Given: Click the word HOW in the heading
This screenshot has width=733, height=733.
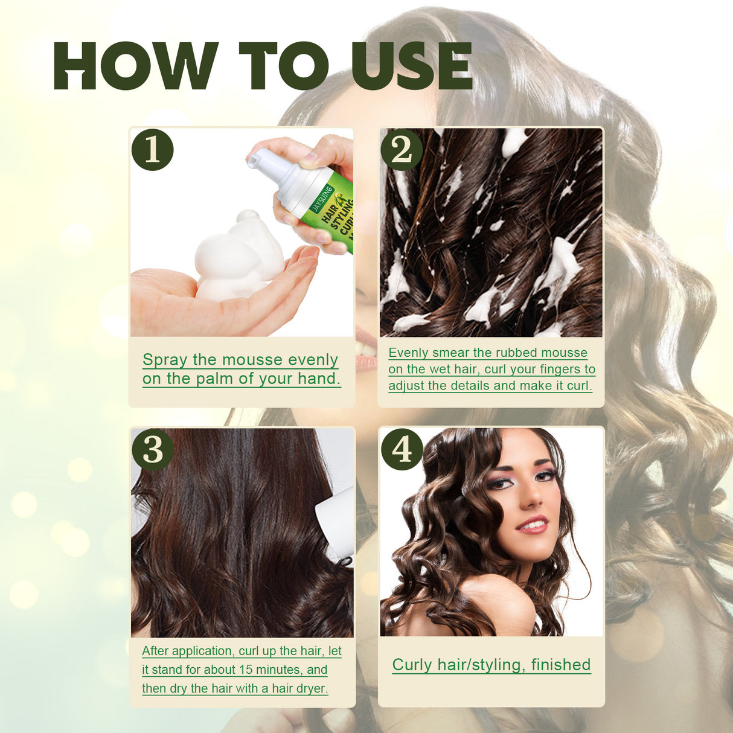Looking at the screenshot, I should pyautogui.click(x=136, y=66).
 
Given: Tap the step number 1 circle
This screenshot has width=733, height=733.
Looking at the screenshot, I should pyautogui.click(x=152, y=149).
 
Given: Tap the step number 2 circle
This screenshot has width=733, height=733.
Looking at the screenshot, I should pyautogui.click(x=402, y=149).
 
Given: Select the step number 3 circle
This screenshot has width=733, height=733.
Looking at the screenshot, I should pyautogui.click(x=152, y=449).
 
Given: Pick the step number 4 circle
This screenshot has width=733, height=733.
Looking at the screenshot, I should pyautogui.click(x=402, y=449).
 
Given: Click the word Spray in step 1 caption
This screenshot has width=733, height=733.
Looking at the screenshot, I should pyautogui.click(x=165, y=360).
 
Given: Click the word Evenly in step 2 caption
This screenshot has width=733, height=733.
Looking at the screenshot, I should pyautogui.click(x=408, y=353).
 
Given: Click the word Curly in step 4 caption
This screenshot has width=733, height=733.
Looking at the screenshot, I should pyautogui.click(x=412, y=665).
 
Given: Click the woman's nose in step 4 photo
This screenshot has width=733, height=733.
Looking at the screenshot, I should pyautogui.click(x=531, y=498).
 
